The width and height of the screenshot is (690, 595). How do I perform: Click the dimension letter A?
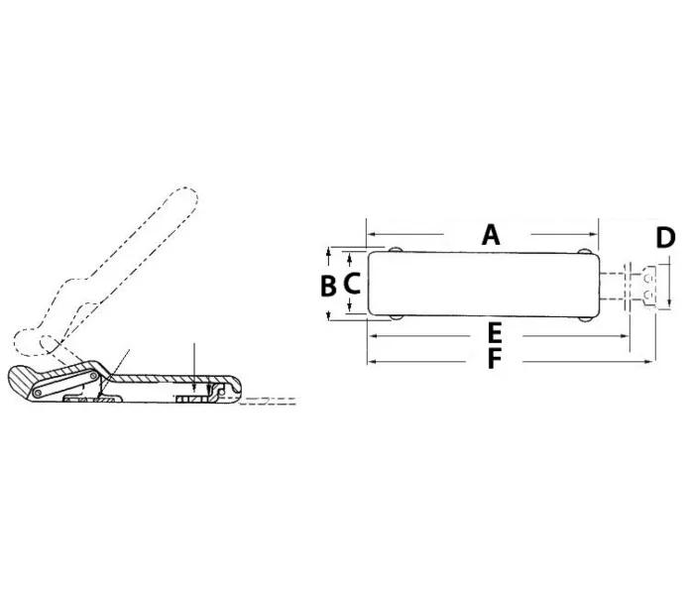click(x=491, y=235)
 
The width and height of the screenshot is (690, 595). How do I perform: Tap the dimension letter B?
click(x=328, y=286)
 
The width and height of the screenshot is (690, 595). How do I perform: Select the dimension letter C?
click(x=352, y=283)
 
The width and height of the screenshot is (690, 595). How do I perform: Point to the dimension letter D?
click(x=665, y=238)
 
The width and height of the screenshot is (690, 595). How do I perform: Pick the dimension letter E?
click(x=495, y=333)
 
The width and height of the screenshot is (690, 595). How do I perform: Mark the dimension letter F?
click(x=495, y=358)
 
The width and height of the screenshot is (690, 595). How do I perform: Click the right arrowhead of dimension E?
click(x=625, y=336)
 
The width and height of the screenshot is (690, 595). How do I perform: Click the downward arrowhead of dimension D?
click(x=669, y=302)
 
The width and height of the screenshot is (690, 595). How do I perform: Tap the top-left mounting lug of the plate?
click(x=395, y=250)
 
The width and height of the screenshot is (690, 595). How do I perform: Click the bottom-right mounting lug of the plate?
click(x=584, y=317)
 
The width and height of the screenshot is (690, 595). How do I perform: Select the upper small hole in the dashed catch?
click(x=647, y=278)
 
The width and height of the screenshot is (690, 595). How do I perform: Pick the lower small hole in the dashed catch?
click(x=647, y=294)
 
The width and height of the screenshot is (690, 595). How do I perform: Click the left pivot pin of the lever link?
click(x=39, y=393)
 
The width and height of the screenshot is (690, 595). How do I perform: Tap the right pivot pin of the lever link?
click(x=93, y=376)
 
